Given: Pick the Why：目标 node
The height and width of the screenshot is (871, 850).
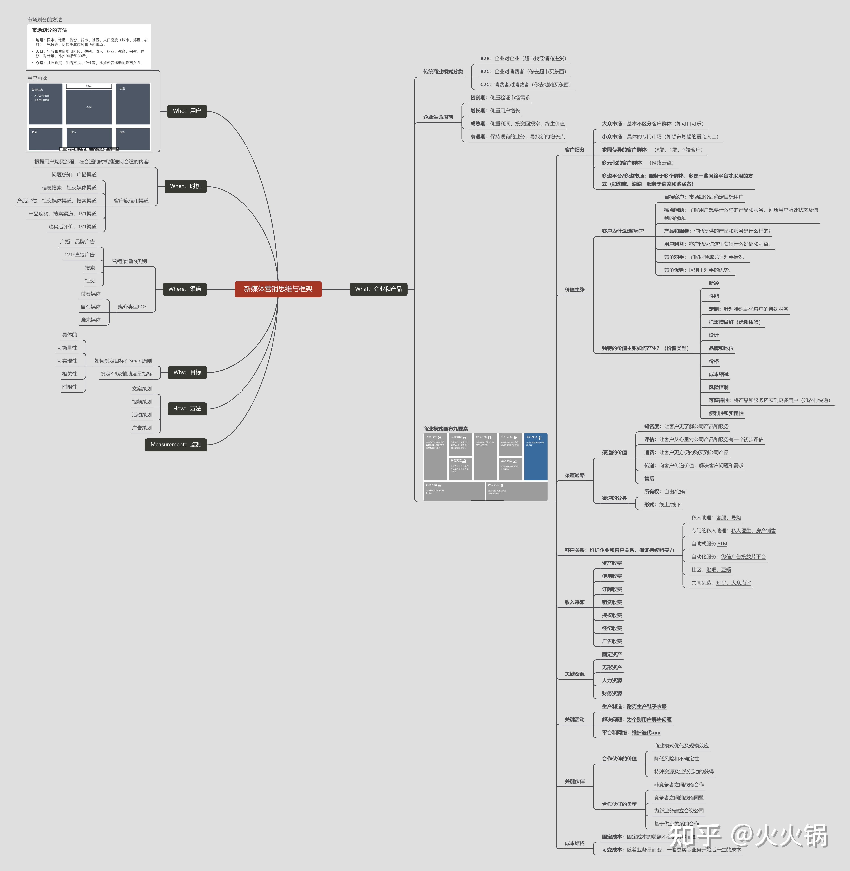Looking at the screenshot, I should (187, 372).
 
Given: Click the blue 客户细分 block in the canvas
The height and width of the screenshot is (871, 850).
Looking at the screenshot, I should (535, 456).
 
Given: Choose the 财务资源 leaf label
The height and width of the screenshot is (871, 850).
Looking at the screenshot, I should (612, 693).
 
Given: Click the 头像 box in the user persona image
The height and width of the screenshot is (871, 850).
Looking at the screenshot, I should (89, 107).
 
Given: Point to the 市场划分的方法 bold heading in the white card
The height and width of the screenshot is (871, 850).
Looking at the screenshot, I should (50, 30).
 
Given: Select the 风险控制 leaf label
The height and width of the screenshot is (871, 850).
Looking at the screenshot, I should (718, 387).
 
